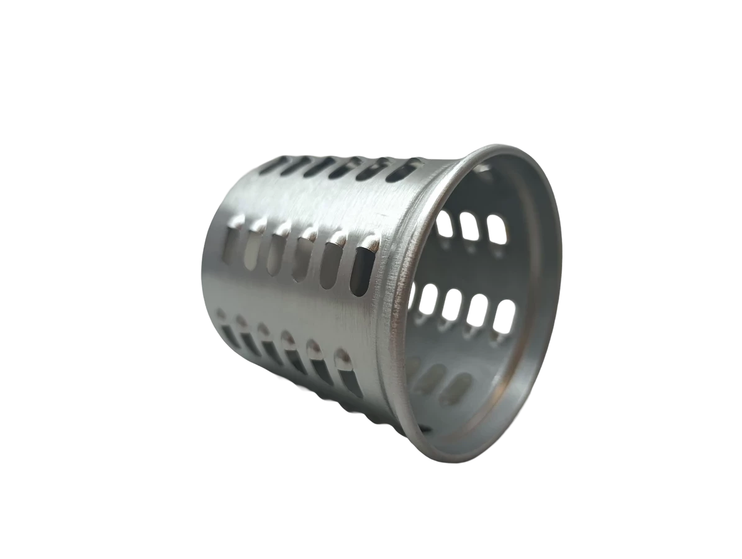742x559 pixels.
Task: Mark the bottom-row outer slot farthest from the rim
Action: point(228,335)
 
